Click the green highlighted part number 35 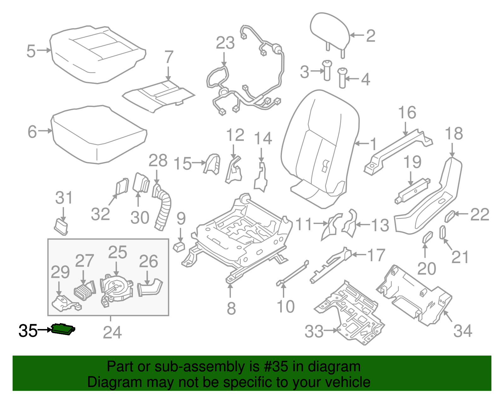[x=63, y=329]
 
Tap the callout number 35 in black [x=28, y=331]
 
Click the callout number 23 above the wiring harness [x=225, y=43]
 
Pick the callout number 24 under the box [x=112, y=332]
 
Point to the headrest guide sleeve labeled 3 [x=327, y=71]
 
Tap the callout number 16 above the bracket [x=407, y=113]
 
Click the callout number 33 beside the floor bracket [x=314, y=331]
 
